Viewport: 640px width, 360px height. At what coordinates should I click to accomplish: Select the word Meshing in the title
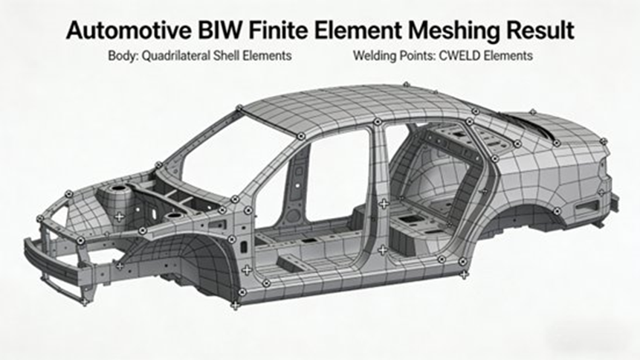coord(445,31)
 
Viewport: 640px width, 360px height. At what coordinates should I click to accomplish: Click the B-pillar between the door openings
coord(381,186)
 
